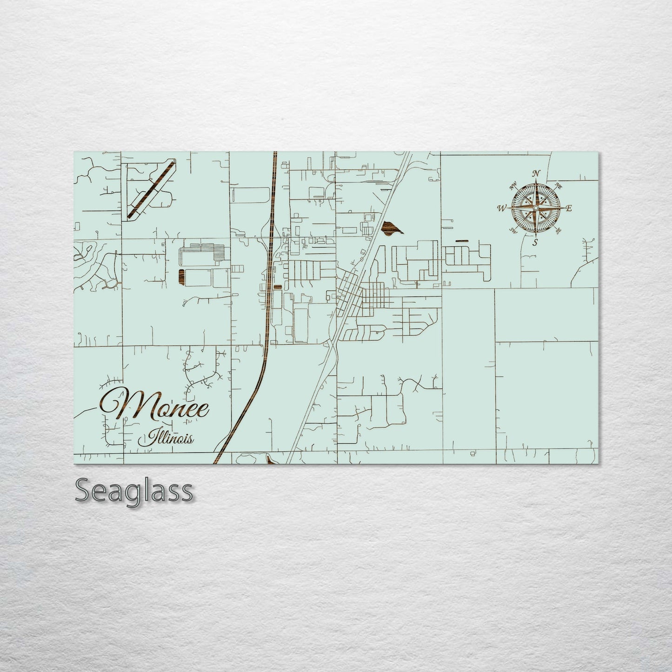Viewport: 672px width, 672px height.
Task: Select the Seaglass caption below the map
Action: click(133, 491)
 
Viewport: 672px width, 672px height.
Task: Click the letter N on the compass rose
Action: click(536, 173)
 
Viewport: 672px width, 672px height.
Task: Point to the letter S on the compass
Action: click(535, 242)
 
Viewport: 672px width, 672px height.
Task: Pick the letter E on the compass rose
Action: click(569, 208)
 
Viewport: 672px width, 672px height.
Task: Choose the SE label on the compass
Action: click(559, 230)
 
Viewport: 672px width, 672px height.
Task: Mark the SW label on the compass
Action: click(513, 230)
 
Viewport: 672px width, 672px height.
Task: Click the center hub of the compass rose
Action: click(536, 207)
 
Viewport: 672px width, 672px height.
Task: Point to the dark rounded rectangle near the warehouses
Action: click(181, 276)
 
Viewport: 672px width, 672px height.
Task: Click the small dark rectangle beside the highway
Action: click(277, 287)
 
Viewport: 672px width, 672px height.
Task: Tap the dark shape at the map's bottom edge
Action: click(270, 460)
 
